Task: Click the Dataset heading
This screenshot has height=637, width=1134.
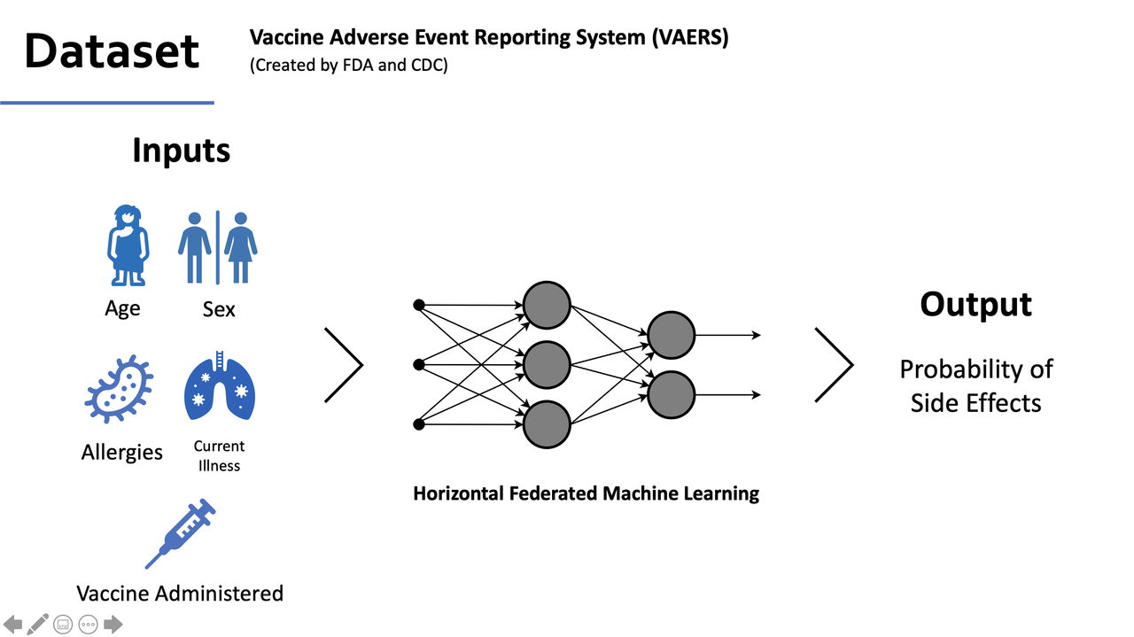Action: coord(112,50)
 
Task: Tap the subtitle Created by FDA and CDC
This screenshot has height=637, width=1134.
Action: coord(349,66)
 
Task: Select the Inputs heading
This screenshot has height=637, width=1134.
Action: coord(181,150)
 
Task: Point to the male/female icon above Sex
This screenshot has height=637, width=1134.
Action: coord(218,247)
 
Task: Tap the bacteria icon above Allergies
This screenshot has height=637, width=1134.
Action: coord(119,389)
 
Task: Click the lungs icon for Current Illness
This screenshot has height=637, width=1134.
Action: coord(219,387)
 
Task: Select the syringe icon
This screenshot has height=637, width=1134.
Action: coord(181,533)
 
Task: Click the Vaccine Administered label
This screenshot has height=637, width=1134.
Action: coord(180,593)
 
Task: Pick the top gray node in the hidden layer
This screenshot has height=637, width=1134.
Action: coord(547,305)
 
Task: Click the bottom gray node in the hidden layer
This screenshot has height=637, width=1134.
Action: coord(547,424)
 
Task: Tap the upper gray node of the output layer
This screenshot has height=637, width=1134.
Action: coord(671,335)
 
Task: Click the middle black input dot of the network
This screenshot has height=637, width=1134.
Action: coord(419,364)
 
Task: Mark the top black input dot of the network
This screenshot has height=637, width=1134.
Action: coord(419,305)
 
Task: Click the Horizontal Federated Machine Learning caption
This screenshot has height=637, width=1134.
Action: coord(586,493)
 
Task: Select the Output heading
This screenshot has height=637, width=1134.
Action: coord(975,304)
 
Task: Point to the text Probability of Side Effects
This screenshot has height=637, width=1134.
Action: coord(975,385)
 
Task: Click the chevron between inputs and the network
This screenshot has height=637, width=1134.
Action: coord(345,365)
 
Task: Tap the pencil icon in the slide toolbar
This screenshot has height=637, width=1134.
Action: coord(37,625)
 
